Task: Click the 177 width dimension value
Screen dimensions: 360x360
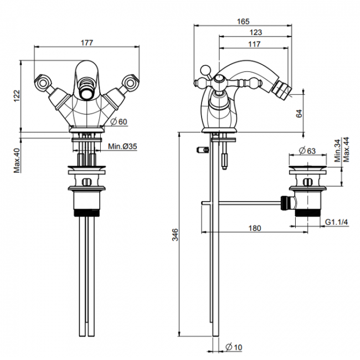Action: click(87, 43)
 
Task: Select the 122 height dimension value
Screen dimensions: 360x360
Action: click(17, 96)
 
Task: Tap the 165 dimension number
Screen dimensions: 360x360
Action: click(243, 22)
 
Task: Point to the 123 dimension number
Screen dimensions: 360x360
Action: click(256, 32)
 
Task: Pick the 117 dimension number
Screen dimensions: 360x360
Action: click(254, 44)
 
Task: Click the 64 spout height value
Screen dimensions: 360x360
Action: click(300, 114)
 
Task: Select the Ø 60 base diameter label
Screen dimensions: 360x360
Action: click(119, 121)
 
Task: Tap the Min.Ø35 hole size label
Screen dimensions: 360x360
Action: click(122, 146)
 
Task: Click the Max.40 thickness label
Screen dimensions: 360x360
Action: click(17, 161)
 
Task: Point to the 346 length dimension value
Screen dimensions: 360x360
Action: click(175, 235)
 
